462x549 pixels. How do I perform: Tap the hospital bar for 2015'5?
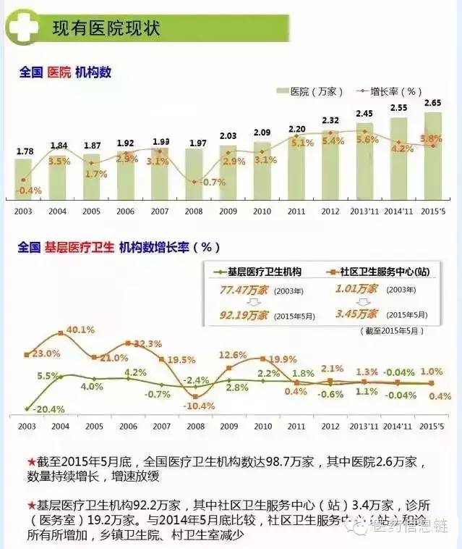432,155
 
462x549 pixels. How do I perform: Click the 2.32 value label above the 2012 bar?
330,120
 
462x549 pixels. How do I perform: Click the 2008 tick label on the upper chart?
194,211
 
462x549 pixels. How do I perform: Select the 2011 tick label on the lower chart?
296,428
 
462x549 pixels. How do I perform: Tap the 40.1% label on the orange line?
80,330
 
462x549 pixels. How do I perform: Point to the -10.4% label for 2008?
198,406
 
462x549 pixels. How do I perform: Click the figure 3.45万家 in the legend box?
357,315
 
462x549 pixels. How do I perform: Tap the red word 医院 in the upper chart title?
59,72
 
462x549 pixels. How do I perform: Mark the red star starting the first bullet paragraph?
31,461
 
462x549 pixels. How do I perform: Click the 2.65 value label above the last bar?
432,102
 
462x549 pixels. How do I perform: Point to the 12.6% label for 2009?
232,354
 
